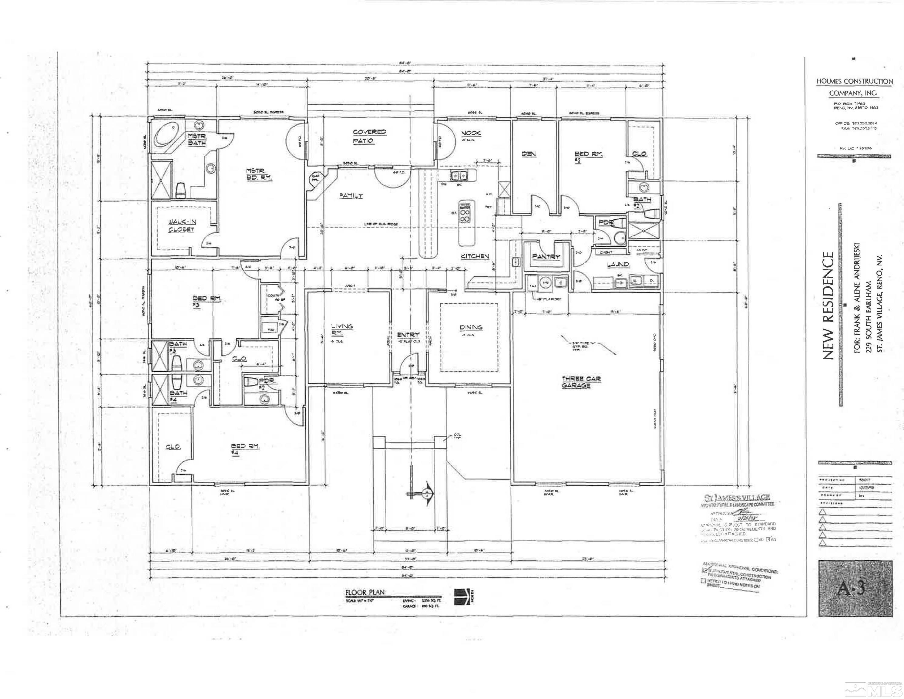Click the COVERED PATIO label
coord(369,136)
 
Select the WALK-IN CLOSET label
coord(181,226)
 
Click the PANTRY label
coord(546,257)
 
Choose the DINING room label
coord(471,327)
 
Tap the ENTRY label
coord(408,335)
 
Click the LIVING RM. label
coord(342,329)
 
